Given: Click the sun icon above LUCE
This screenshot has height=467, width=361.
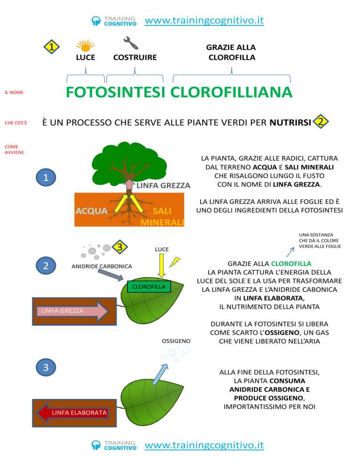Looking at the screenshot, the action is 86,46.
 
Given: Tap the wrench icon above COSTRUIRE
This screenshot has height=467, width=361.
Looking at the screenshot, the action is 131,43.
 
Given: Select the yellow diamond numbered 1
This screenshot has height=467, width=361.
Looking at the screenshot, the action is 52,47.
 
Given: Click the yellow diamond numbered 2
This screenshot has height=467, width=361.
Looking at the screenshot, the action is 321,122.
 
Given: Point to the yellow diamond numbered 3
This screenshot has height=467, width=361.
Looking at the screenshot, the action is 120,247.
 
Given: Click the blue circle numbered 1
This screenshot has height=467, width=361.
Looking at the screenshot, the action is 46,178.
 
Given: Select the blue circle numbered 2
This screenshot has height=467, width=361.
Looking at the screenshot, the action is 46,265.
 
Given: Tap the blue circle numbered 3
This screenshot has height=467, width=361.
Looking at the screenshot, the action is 46,367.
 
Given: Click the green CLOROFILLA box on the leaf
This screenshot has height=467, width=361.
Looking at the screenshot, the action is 149,287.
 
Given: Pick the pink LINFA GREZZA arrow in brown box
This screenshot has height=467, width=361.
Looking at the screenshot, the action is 72,311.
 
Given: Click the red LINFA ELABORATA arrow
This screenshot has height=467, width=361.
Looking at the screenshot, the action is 72,413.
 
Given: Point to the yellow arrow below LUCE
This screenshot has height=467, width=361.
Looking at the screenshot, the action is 162,265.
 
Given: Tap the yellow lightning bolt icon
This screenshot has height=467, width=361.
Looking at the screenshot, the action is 175,262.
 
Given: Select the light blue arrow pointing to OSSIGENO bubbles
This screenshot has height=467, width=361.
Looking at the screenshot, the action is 161,374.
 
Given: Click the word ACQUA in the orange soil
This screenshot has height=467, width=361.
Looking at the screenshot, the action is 92,211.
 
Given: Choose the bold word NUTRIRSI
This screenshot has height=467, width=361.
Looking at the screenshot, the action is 290,123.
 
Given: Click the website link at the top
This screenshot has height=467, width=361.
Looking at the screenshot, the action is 204,21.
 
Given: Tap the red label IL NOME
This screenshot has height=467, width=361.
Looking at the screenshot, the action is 14,93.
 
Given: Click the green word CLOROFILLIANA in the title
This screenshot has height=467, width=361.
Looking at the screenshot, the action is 231,93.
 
